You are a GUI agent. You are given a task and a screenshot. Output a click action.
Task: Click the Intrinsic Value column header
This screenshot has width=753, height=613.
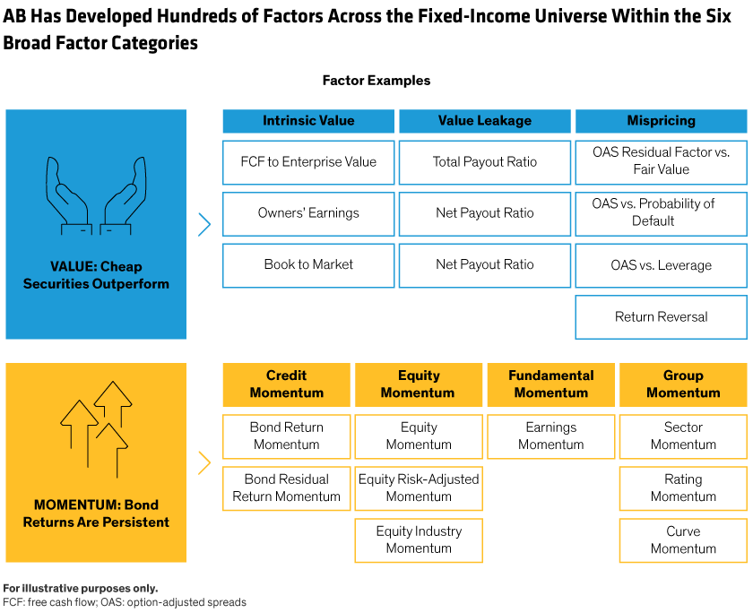click(308, 121)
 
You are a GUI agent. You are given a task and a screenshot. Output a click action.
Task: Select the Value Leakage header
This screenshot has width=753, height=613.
click(485, 121)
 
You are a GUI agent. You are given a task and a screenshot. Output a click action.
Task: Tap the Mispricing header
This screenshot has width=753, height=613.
click(661, 121)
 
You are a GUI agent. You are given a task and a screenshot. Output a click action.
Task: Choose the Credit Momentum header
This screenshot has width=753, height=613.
click(287, 384)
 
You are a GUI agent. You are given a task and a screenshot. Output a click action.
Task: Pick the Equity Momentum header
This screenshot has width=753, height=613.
click(418, 384)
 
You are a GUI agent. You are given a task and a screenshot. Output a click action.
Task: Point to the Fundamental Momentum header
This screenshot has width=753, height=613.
click(550, 384)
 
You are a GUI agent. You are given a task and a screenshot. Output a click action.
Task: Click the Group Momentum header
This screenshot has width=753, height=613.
click(683, 384)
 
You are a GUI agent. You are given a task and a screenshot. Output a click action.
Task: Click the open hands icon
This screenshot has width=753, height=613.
click(96, 196)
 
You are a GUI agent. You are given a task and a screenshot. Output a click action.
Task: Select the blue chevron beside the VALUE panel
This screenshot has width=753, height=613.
click(204, 224)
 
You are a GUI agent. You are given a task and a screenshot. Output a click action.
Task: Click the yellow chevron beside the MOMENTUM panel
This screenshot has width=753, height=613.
click(204, 462)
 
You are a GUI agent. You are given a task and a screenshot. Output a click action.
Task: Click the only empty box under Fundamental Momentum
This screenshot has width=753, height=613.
click(550, 436)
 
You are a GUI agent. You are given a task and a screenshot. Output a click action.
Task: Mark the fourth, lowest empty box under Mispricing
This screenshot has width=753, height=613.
click(661, 317)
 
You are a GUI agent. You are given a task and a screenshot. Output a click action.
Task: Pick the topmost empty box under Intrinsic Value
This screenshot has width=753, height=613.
click(308, 162)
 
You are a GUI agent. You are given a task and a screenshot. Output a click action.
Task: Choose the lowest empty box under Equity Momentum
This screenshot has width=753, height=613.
click(418, 540)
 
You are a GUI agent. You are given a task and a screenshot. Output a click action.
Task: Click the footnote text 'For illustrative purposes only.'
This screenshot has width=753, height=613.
click(80, 589)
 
